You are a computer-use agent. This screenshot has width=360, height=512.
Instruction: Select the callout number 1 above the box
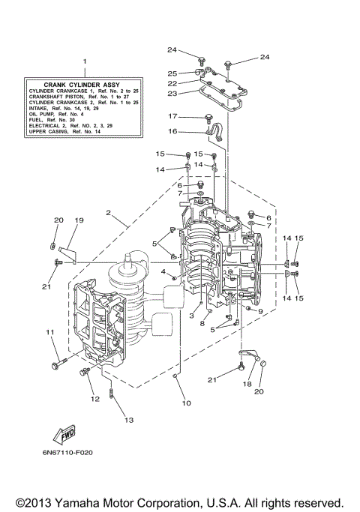click(85, 61)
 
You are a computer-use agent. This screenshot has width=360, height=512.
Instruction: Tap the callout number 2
click(109, 213)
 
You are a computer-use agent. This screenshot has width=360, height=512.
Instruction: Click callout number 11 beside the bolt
click(51, 331)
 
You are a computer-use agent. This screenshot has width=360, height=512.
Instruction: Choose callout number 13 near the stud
click(128, 421)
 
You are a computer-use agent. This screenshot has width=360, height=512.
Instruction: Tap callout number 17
click(172, 116)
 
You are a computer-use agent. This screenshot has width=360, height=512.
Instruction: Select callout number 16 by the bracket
click(172, 131)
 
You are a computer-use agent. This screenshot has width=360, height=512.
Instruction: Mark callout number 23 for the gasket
click(172, 94)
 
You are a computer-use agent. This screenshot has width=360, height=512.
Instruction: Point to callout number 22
click(172, 83)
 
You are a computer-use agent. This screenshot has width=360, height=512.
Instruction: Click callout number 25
click(172, 73)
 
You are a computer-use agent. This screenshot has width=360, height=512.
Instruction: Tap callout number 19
click(79, 220)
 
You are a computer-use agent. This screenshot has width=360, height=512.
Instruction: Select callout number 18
click(248, 383)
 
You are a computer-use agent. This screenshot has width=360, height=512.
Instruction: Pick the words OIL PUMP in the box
click(45, 114)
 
